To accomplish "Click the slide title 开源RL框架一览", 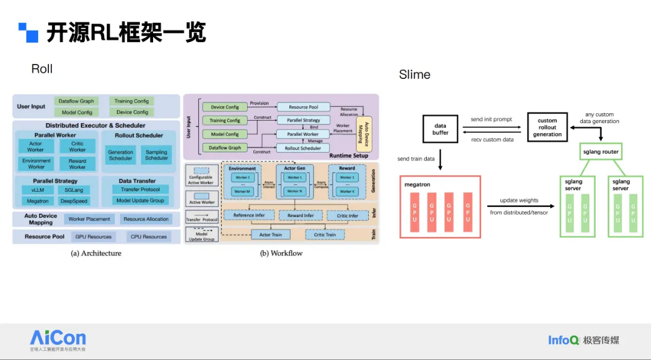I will point(126,33).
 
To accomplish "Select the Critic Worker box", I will point(77,147).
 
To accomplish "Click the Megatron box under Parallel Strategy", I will point(37,201).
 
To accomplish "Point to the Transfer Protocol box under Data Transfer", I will point(140,189).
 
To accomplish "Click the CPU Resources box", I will point(148,237).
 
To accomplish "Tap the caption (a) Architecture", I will point(96,253).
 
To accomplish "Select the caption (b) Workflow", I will point(281,253).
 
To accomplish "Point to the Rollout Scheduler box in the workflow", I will point(303,148).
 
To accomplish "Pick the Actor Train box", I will point(270,235).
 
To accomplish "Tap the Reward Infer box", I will point(300,215).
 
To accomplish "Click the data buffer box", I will point(440,128).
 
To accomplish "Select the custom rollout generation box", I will point(547,128).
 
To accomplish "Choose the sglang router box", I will point(602,152).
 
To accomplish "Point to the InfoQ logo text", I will point(563,340).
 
